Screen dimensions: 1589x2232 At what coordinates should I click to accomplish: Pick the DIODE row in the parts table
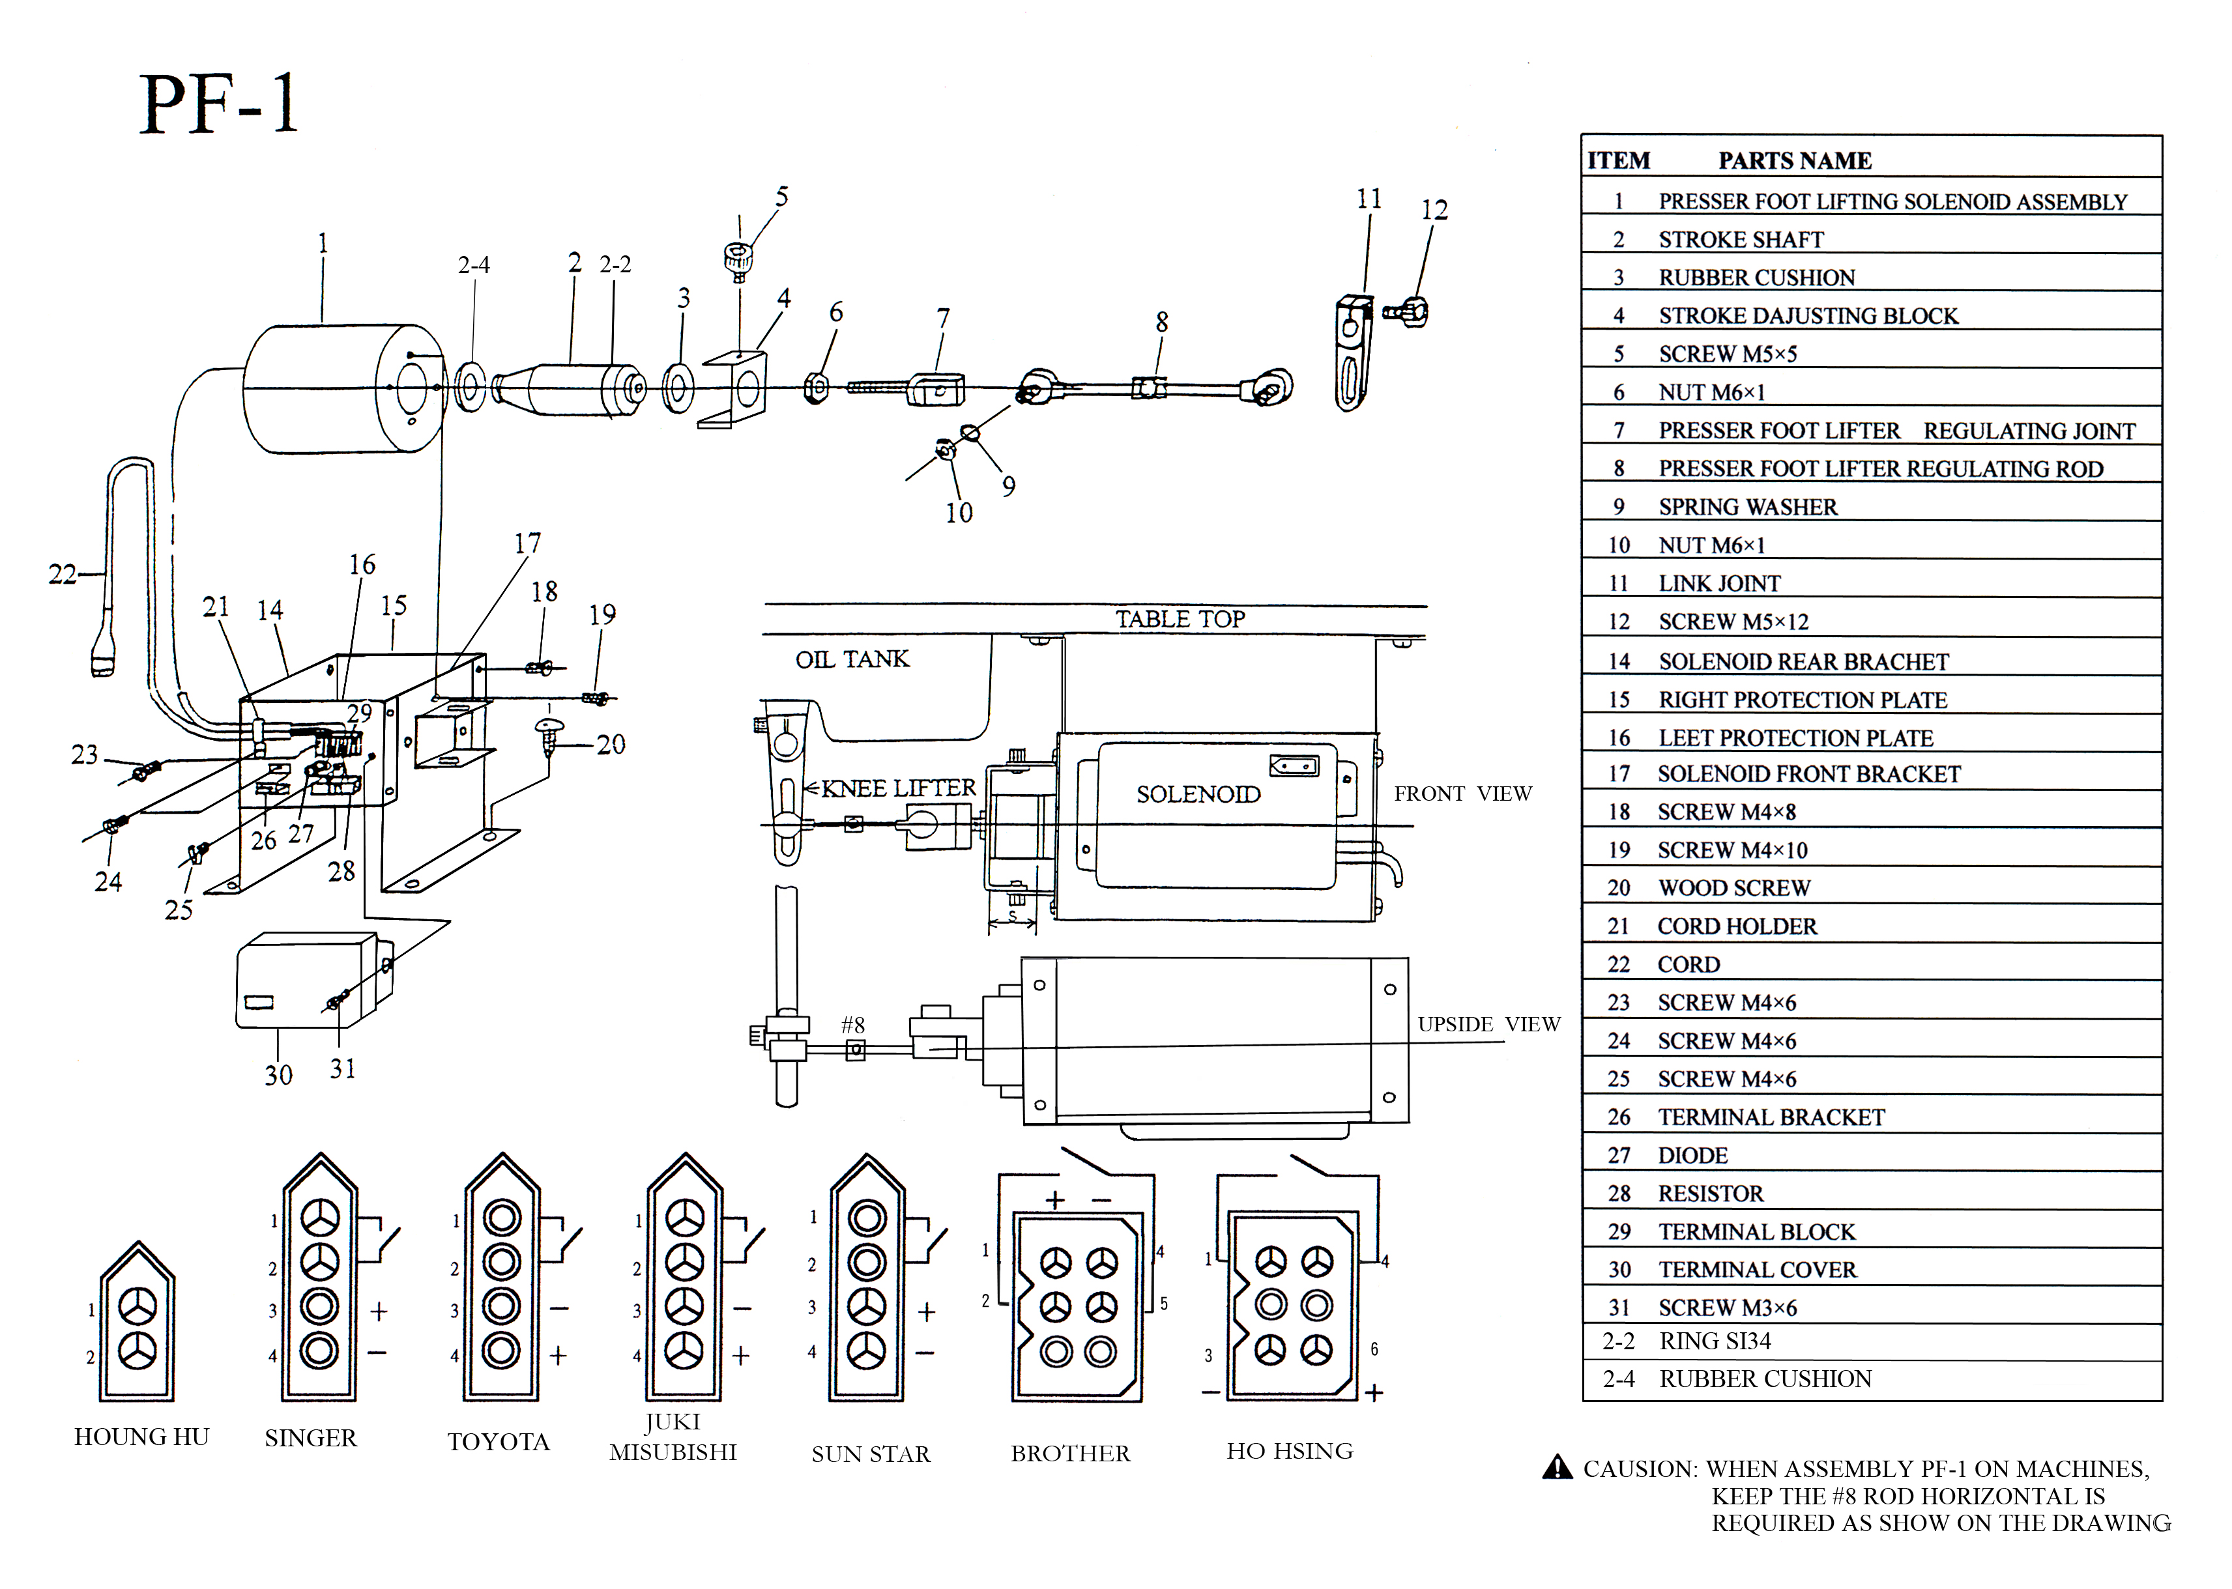click(x=1693, y=1156)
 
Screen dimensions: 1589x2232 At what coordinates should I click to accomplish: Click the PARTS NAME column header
click(x=1795, y=160)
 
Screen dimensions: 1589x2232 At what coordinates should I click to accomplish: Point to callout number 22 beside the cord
click(x=62, y=575)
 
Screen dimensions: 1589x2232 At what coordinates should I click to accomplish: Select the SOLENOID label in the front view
click(x=1198, y=795)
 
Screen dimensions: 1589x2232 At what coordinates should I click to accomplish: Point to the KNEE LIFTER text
click(x=897, y=788)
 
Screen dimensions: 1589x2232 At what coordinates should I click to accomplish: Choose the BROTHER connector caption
click(x=1069, y=1454)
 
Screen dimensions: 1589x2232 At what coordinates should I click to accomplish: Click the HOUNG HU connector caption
click(x=142, y=1437)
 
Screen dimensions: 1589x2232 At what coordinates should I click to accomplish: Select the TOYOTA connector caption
click(x=498, y=1442)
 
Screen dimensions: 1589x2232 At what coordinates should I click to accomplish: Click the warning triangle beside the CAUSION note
click(x=1557, y=1468)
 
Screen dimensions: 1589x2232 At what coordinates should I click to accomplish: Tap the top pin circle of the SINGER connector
click(x=319, y=1218)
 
